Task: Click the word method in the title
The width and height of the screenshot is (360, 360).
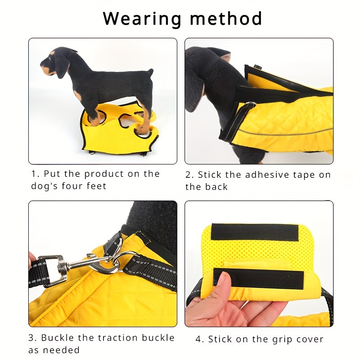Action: point(226,18)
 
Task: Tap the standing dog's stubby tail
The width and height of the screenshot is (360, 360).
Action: point(150,72)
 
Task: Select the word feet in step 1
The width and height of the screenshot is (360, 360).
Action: point(97,186)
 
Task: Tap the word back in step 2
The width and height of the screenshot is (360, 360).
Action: point(216,187)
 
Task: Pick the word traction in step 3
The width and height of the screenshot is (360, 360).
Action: point(118,338)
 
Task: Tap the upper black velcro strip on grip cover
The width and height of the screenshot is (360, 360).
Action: point(255,232)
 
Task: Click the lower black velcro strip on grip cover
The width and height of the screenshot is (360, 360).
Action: point(258,278)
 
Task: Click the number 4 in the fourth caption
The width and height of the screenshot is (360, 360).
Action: point(198,339)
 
